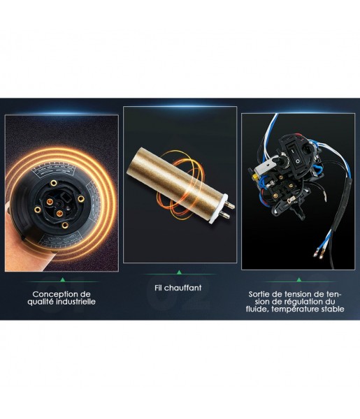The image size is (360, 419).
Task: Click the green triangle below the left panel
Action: [x=63, y=280]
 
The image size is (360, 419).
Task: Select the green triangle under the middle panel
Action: [x=179, y=272]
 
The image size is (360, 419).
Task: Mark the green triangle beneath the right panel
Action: [x=299, y=280]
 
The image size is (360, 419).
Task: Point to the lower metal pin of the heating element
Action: [x=225, y=214]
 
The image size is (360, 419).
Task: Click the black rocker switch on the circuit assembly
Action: [x=294, y=155]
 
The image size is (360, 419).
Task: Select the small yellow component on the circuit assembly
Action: [x=257, y=177]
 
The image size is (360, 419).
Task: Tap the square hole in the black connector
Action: [x=65, y=198]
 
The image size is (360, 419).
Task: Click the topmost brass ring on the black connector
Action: [x=54, y=183]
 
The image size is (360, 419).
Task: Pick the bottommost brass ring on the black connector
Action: [x=65, y=226]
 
